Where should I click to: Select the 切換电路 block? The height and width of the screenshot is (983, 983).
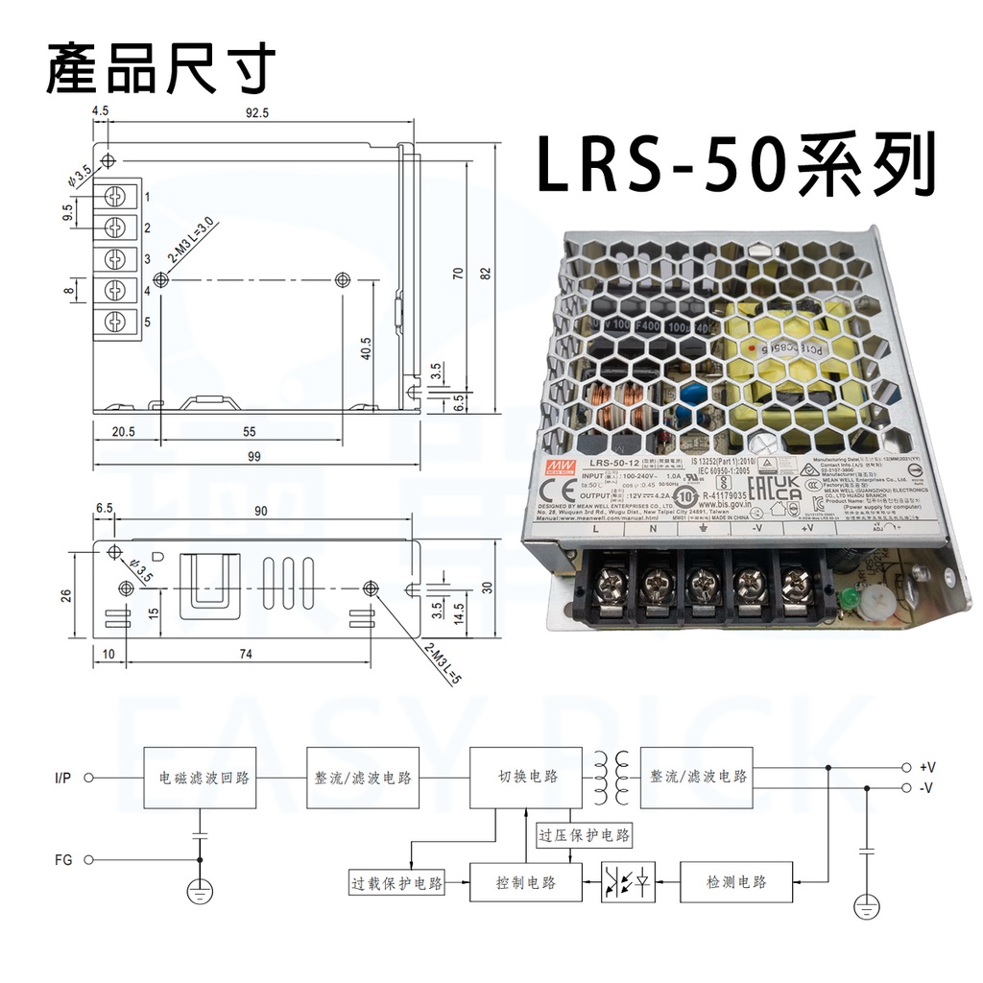pyautogui.click(x=527, y=777)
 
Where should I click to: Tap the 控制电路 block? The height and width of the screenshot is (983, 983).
pyautogui.click(x=526, y=881)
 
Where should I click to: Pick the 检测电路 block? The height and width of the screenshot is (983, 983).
pyautogui.click(x=737, y=881)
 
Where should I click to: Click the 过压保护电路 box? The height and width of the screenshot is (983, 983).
pyautogui.click(x=585, y=836)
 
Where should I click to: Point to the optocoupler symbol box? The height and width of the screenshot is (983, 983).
pyautogui.click(x=629, y=882)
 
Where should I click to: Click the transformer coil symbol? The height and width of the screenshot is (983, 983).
pyautogui.click(x=611, y=778)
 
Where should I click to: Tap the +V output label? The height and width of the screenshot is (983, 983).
pyautogui.click(x=926, y=768)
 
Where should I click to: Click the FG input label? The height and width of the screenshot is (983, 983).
pyautogui.click(x=64, y=860)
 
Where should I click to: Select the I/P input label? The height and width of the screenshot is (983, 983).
pyautogui.click(x=63, y=778)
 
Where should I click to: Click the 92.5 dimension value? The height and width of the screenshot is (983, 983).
pyautogui.click(x=257, y=112)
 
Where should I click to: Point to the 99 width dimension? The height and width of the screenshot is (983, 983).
pyautogui.click(x=253, y=457)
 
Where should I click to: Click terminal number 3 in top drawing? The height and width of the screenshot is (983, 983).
pyautogui.click(x=147, y=259)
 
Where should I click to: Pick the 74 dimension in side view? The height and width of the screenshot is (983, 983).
pyautogui.click(x=245, y=655)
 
